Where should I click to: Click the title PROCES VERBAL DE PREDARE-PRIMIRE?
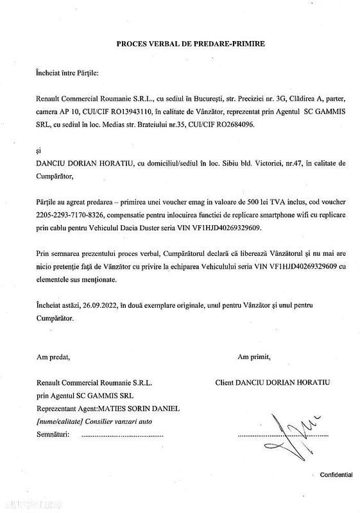[181, 44]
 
